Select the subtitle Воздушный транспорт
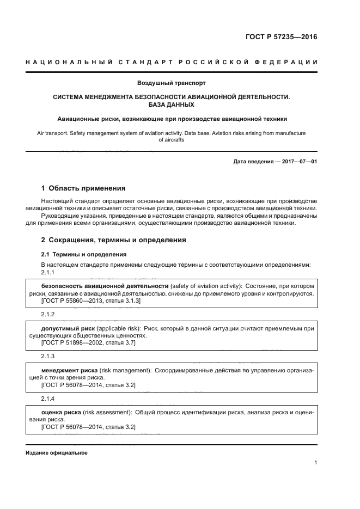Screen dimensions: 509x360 [x=171, y=83]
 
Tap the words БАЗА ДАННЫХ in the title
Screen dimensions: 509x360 [x=171, y=105]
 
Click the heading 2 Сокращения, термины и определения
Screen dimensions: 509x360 [x=114, y=240]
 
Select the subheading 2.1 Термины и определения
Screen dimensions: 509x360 [x=84, y=254]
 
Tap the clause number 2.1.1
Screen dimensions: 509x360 [x=48, y=272]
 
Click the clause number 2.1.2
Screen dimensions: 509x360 [x=48, y=315]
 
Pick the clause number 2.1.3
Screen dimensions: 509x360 [x=48, y=356]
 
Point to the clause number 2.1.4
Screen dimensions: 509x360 [x=48, y=398]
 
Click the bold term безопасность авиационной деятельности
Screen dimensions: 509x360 [x=105, y=286]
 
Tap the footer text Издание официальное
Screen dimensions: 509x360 [x=56, y=453]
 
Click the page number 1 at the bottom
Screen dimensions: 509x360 [x=316, y=463]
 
